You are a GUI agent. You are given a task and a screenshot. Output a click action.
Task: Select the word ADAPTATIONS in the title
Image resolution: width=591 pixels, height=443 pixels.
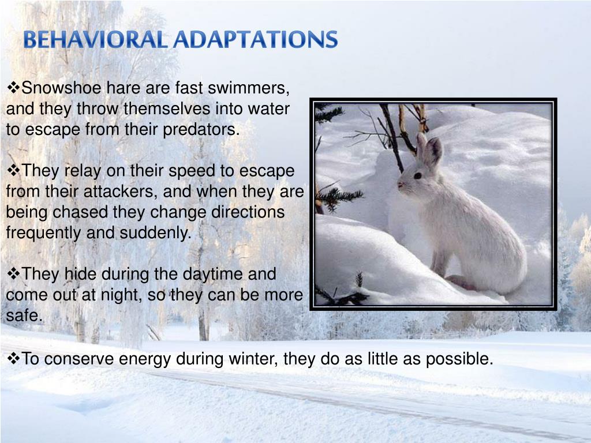tap(256, 40)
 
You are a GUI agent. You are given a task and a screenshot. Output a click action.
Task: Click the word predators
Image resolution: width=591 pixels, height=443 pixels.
tap(201, 130)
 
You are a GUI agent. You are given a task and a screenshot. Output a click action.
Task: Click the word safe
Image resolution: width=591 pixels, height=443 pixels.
tap(24, 316)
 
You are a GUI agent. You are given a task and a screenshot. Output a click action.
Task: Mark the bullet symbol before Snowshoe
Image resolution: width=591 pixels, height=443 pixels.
tap(13, 88)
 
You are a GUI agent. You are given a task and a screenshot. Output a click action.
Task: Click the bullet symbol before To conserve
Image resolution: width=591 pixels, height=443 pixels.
tap(13, 359)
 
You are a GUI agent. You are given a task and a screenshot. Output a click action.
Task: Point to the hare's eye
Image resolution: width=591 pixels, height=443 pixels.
tap(417, 175)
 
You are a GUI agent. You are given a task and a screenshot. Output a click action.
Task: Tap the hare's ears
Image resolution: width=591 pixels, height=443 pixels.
tap(429, 149)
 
